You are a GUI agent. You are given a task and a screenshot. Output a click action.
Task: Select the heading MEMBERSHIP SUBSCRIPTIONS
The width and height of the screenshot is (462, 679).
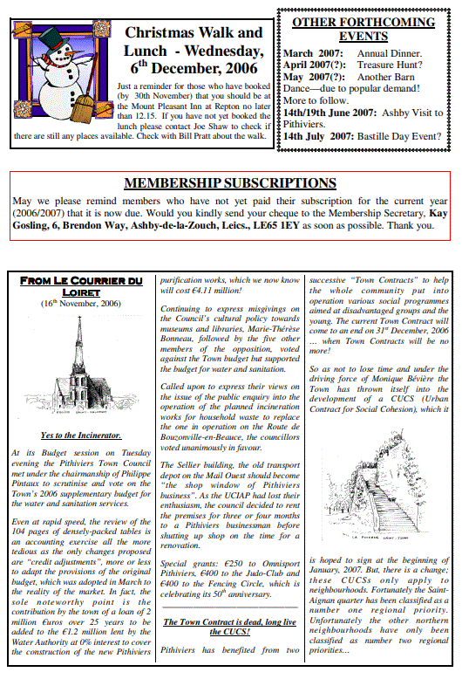coord(229,183)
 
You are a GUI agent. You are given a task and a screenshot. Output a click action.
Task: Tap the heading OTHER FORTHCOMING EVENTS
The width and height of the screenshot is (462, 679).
coord(363,29)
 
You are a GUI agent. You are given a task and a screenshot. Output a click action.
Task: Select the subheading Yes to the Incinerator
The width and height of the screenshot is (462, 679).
coord(80,435)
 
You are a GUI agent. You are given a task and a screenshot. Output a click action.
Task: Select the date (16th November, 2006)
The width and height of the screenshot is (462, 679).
coord(80,304)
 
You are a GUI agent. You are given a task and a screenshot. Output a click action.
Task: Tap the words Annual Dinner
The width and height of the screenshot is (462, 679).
coord(390,53)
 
